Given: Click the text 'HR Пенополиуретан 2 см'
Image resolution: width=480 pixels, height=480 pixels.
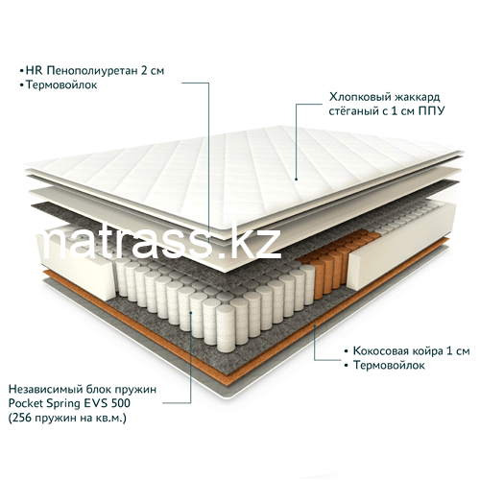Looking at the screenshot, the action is pos(95,70).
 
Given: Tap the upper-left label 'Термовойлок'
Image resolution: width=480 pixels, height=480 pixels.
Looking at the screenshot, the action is pos(61,85).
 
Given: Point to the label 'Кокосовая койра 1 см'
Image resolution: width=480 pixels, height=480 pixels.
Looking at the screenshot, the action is pos(411,350).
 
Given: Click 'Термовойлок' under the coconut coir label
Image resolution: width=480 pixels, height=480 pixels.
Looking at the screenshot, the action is pos(389,365).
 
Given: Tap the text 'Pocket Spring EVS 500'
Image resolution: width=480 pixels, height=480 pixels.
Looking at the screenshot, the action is pos(69,403).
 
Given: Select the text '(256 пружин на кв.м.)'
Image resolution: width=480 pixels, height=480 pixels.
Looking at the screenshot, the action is pos(67,418).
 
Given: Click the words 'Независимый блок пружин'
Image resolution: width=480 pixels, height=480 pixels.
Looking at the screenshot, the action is pos(83,389).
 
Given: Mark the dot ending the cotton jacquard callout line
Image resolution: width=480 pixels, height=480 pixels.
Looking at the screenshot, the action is pos(297,180).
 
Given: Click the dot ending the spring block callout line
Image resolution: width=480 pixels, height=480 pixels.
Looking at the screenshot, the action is pos(191,313).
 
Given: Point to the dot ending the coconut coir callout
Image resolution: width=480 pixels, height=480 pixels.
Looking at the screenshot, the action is pos(315,325).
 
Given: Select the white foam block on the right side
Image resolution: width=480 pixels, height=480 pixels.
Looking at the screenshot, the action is pos(401,247).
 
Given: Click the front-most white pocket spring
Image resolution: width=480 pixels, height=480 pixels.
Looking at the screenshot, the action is pos(226,328).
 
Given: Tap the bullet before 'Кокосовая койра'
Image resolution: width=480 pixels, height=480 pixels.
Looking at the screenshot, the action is pos(346,351).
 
